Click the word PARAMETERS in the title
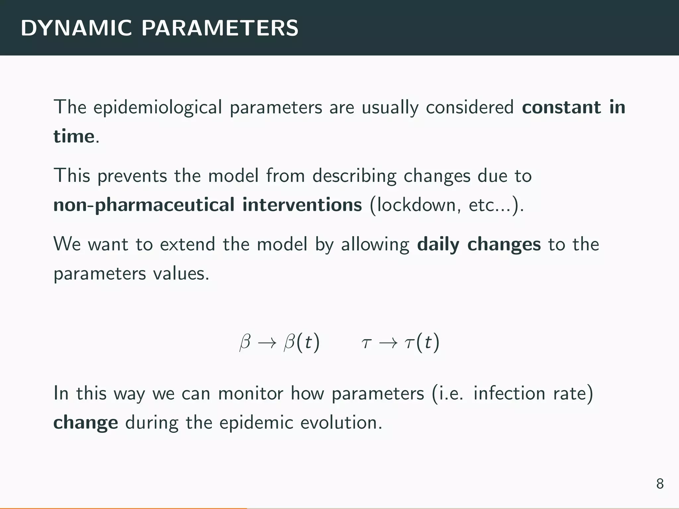point(220,28)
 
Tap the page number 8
point(660,484)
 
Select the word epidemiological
point(157,108)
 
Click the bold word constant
point(561,107)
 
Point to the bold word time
point(74,136)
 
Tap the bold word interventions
point(302,205)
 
